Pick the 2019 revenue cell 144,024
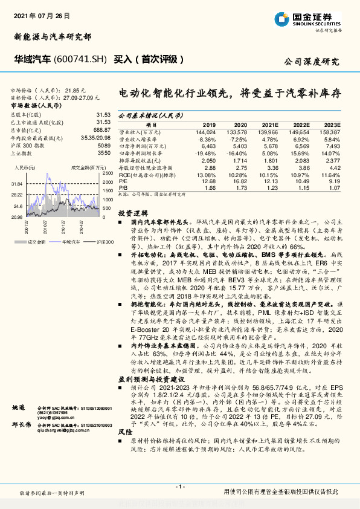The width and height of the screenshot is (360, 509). (x=205, y=131)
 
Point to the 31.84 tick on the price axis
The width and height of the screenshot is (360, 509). (x=16, y=183)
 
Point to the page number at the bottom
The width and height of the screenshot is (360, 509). (x=179, y=487)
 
